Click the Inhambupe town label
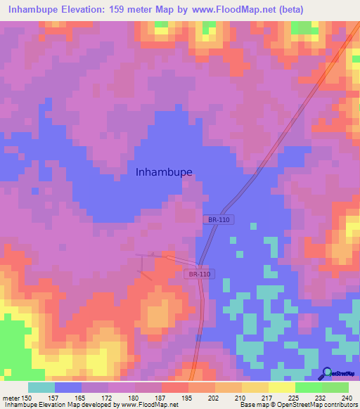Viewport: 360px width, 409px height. [163, 171]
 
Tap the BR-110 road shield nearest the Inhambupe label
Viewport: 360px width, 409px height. [219, 220]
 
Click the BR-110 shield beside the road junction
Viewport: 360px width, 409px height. [199, 274]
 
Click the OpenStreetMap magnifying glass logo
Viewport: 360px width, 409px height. [328, 372]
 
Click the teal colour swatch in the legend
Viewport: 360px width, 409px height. [41, 387]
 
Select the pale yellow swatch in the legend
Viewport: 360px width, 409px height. [281, 387]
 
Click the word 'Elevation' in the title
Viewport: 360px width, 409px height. [97, 9]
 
